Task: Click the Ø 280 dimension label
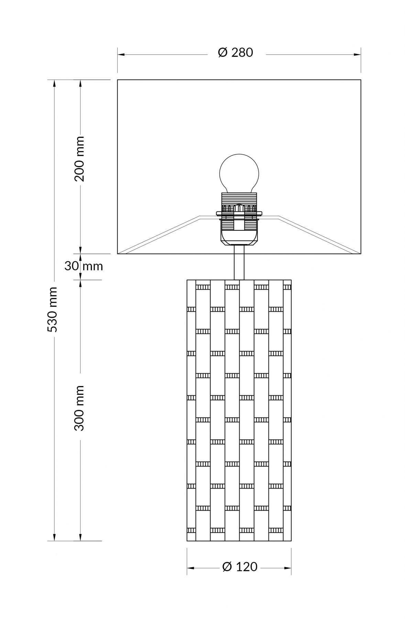click(x=236, y=53)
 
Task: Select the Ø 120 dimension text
click(x=240, y=567)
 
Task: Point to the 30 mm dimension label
click(x=84, y=266)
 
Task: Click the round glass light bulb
click(x=239, y=174)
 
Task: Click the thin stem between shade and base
click(x=239, y=267)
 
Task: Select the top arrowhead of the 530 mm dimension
click(x=54, y=84)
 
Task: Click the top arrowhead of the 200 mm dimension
click(x=80, y=84)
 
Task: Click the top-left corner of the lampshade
click(x=118, y=80)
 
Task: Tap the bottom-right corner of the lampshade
click(x=361, y=254)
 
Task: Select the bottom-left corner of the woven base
click(x=187, y=541)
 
